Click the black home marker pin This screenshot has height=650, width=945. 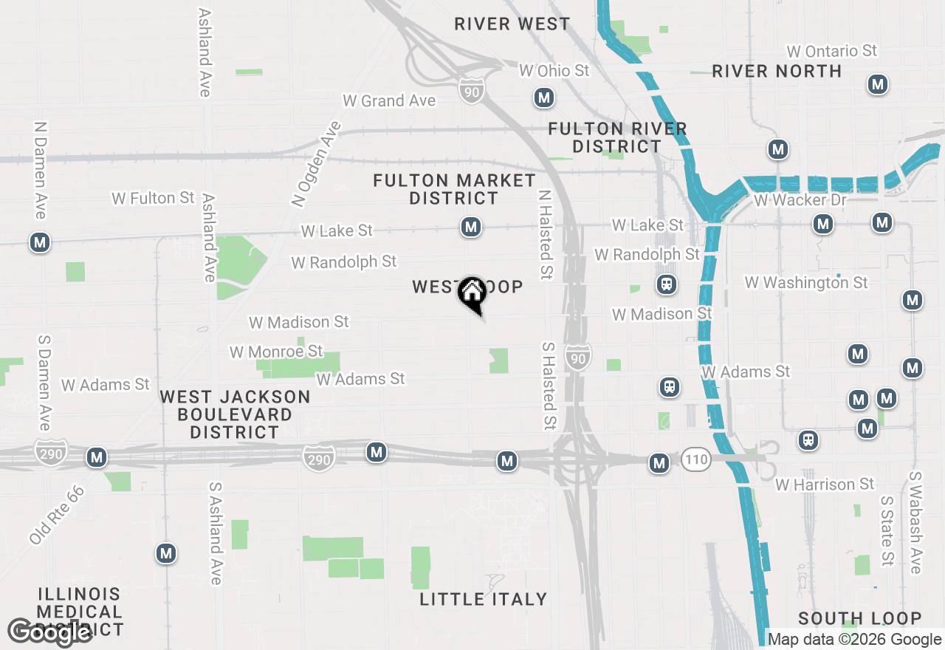point(472,294)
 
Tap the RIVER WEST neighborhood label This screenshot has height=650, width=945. point(512,24)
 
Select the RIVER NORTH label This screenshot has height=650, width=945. point(777,71)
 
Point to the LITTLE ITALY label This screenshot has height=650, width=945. point(484,599)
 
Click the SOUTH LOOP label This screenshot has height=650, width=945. point(859,619)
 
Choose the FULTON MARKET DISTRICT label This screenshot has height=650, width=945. point(454,189)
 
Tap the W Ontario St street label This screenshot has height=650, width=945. point(831,51)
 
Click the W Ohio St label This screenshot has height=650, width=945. point(554,70)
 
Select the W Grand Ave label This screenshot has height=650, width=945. point(389,100)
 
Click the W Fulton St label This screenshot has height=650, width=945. point(153,198)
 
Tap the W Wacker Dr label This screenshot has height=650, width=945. point(800,200)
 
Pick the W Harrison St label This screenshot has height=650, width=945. point(825,485)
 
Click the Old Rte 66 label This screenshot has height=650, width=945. point(57,516)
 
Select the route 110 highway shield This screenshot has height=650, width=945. point(695,459)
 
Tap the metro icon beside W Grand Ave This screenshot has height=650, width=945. point(544,97)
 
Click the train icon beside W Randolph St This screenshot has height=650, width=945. point(667,284)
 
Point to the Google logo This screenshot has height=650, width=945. point(49,632)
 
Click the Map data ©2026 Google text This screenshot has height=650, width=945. point(854,640)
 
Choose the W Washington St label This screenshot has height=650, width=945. point(806,282)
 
